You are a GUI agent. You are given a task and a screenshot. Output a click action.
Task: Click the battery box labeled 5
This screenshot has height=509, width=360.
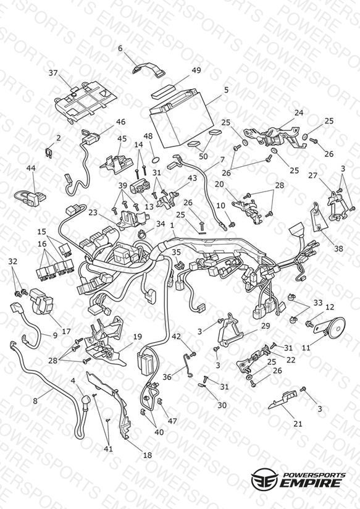tap(181, 119)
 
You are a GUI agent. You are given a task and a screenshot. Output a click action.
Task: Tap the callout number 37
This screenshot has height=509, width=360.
tap(53, 73)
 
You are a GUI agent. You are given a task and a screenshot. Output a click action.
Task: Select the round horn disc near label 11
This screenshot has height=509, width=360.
tap(336, 327)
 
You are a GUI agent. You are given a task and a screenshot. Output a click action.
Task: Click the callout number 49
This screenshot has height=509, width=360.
tap(196, 70)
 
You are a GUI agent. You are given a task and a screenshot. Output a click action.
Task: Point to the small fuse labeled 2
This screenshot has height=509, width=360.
tap(49, 153)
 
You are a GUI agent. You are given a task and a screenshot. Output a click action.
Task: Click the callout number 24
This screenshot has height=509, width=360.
tap(299, 112)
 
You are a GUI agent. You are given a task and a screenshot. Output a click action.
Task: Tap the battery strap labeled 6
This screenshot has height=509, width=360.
tap(149, 69)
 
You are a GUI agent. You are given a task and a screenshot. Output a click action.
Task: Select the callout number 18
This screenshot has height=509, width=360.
tap(148, 455)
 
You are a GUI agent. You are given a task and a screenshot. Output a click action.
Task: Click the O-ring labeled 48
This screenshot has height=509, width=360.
tap(156, 160)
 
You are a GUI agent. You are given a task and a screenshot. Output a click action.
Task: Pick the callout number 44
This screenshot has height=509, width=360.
tap(31, 168)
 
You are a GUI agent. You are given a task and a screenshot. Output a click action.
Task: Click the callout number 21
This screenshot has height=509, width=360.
tap(298, 424)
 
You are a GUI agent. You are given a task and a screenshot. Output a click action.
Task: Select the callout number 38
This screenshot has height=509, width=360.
tap(338, 249)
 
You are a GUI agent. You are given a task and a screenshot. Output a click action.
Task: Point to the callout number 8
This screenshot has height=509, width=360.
tap(35, 401)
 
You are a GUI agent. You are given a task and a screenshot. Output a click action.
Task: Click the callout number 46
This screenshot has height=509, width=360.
tap(120, 122)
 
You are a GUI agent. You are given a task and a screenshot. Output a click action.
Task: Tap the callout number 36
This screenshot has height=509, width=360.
tap(167, 377)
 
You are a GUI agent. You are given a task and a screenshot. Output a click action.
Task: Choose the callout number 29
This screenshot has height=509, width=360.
tap(266, 326)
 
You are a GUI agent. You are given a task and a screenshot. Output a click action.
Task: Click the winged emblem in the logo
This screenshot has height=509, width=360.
tap(264, 478)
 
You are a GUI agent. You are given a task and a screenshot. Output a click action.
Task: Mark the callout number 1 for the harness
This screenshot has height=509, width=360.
tap(172, 225)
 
